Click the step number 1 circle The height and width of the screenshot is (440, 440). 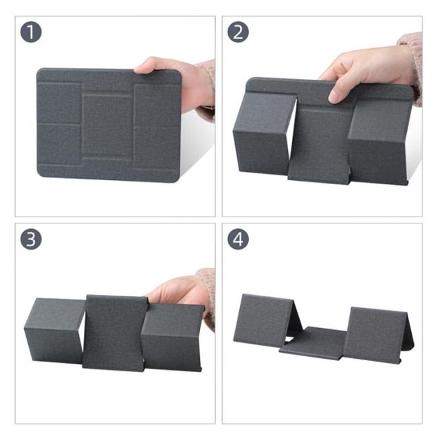coord(31,32)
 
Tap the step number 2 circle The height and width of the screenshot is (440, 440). coord(238,32)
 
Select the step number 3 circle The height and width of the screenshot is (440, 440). coord(31,239)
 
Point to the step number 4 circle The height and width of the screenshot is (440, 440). coord(238,239)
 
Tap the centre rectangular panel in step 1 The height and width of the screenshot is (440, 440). coord(107,126)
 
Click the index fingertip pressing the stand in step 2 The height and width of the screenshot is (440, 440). coord(335,98)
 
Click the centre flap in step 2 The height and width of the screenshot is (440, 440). coord(320,146)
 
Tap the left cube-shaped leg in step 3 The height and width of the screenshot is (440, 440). coord(55,331)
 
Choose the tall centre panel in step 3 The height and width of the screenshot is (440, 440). coord(115,333)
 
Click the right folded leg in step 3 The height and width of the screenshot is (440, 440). coord(172,337)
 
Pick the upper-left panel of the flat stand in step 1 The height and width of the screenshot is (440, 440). coord(60,103)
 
